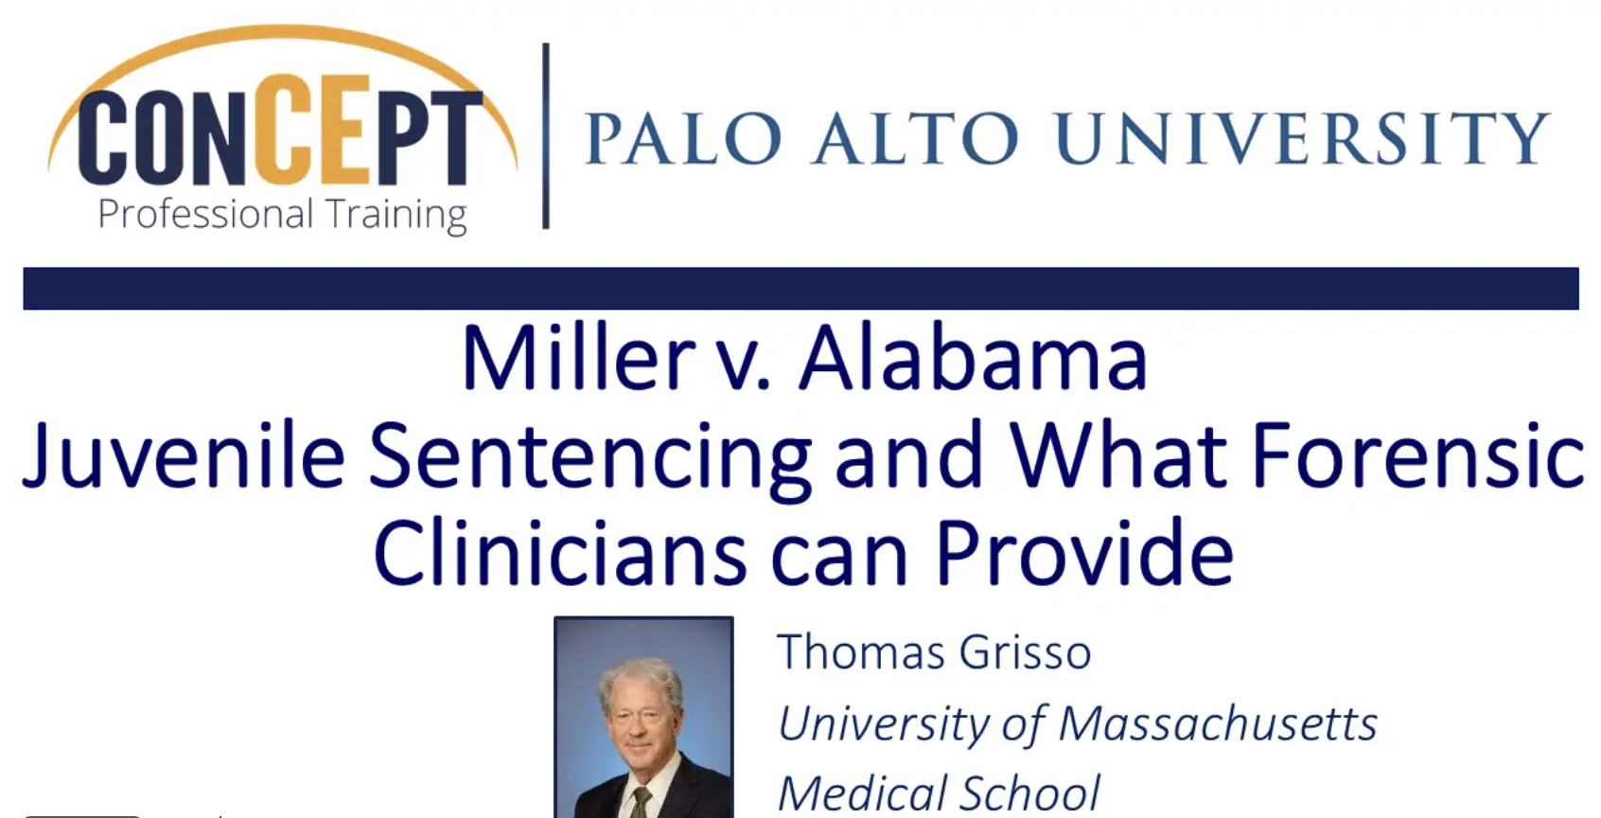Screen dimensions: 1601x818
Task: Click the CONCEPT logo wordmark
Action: coord(280,130)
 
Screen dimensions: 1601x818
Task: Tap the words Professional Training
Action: coord(282,215)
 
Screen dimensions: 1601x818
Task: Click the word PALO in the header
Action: coord(683,138)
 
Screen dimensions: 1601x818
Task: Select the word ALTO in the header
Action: coord(916,138)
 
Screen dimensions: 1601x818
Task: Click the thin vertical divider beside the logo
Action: coord(546,135)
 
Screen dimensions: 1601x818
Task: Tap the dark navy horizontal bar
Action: coord(800,288)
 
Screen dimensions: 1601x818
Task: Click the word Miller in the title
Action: coord(579,358)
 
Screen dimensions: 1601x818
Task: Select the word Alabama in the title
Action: coord(973,358)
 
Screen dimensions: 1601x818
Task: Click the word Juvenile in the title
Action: coord(184,456)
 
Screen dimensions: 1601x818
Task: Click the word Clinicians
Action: coord(559,553)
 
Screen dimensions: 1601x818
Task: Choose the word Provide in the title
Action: coord(1085,553)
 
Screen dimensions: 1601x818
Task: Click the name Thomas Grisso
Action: coord(934,651)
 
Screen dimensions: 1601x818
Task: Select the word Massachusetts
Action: coord(1218,723)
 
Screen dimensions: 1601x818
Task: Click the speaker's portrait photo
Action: coord(644,718)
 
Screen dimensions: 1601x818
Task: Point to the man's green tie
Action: coord(641,802)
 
